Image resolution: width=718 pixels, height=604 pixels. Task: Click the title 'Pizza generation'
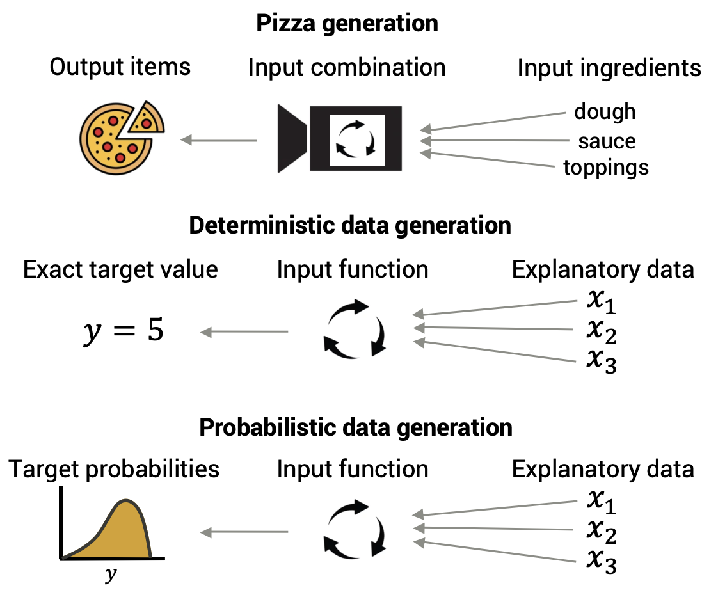(347, 24)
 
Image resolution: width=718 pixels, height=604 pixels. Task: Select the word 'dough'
(605, 111)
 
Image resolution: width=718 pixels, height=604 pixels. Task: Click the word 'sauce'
(607, 141)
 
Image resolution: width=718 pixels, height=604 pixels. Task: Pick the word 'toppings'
(606, 168)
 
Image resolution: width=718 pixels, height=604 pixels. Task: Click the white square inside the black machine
(357, 139)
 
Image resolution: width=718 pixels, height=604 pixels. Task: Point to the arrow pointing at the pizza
(219, 139)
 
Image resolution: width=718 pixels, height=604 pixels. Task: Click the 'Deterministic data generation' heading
(350, 225)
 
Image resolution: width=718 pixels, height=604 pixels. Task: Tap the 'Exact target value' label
(120, 269)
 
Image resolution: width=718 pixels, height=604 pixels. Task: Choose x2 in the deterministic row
(602, 331)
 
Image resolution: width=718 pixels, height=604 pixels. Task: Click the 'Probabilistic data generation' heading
(356, 427)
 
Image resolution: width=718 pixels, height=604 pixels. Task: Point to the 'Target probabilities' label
(114, 469)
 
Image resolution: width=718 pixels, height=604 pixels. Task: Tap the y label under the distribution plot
(111, 574)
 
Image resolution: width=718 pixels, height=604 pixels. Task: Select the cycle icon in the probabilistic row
(355, 529)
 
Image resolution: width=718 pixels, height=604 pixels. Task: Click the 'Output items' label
(120, 67)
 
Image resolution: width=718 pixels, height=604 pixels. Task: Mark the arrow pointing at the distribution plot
(244, 532)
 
